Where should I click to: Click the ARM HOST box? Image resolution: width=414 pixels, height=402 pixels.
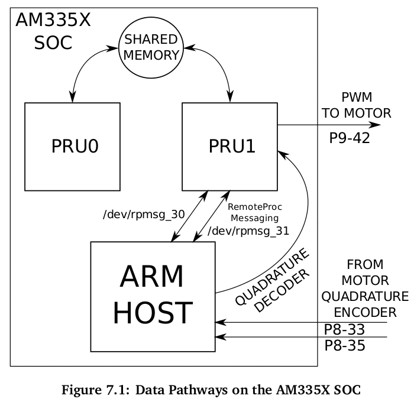(x=153, y=296)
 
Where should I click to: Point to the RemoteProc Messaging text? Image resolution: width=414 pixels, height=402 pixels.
(x=255, y=212)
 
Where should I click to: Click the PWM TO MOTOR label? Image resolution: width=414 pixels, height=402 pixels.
(x=356, y=105)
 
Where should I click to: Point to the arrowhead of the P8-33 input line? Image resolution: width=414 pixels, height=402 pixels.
(x=219, y=322)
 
